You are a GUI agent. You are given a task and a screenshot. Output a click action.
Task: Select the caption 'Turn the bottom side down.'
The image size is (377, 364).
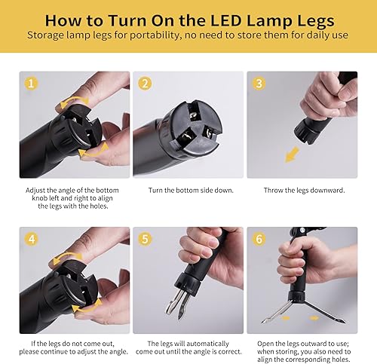188,191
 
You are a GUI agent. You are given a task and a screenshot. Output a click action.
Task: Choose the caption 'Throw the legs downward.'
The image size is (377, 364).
302,191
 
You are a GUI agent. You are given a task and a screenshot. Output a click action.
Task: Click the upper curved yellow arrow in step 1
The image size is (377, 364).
74,100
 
